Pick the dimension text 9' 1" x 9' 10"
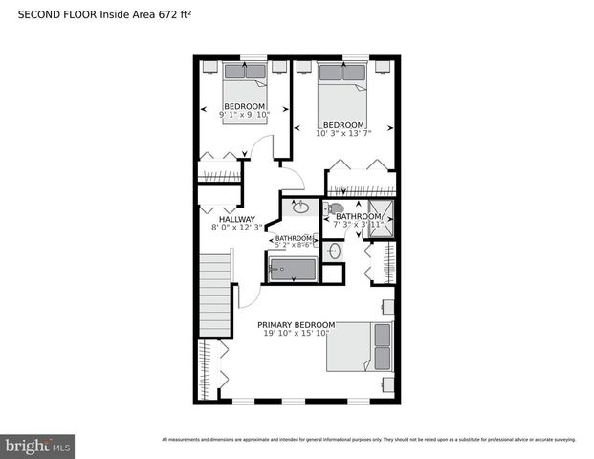coord(243,115)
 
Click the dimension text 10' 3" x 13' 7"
coord(342,134)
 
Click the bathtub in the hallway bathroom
coord(293,270)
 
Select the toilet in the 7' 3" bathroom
coord(335,208)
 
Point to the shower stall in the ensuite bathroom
coord(382,219)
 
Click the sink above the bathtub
coord(300,207)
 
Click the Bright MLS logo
coord(38,446)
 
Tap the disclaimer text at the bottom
coord(368,440)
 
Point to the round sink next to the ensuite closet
coord(332,251)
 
